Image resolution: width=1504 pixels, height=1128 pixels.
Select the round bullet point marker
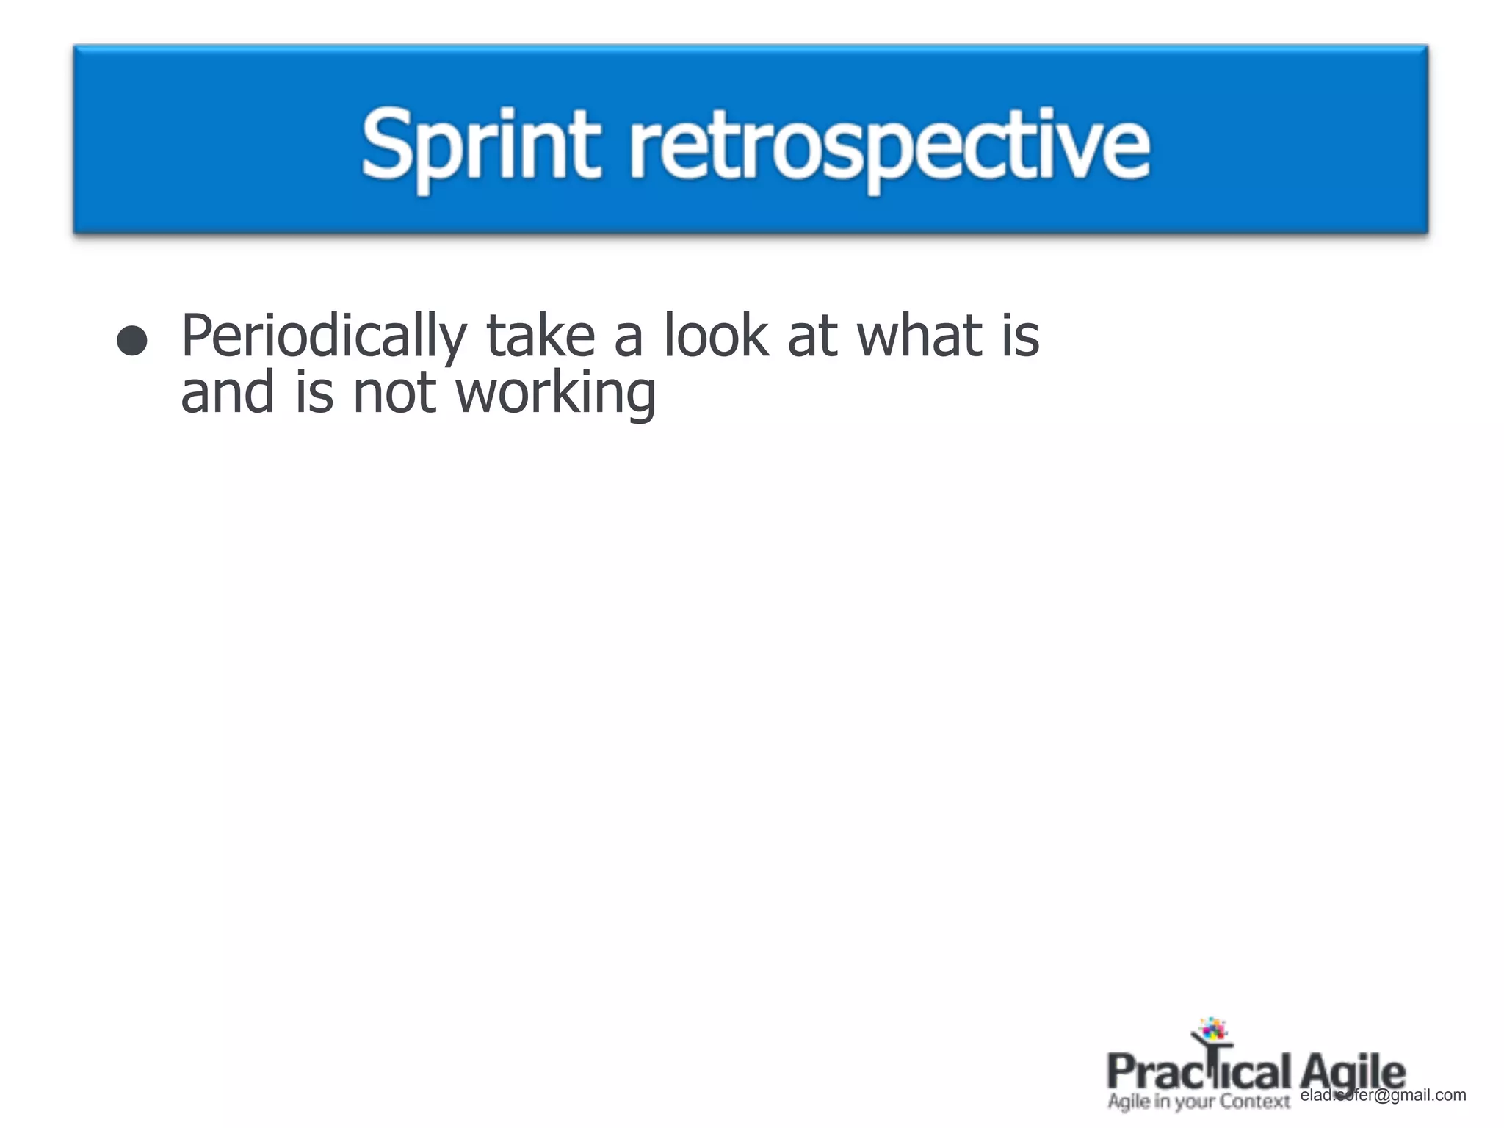[132, 341]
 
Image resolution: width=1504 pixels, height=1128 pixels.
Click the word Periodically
[324, 336]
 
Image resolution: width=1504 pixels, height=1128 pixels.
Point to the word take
[540, 336]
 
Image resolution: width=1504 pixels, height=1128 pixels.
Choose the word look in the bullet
[716, 336]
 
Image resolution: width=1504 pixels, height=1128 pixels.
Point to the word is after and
[314, 393]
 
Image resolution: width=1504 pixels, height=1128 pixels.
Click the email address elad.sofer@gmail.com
[1383, 1095]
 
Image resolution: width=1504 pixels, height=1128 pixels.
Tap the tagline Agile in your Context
[1198, 1102]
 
